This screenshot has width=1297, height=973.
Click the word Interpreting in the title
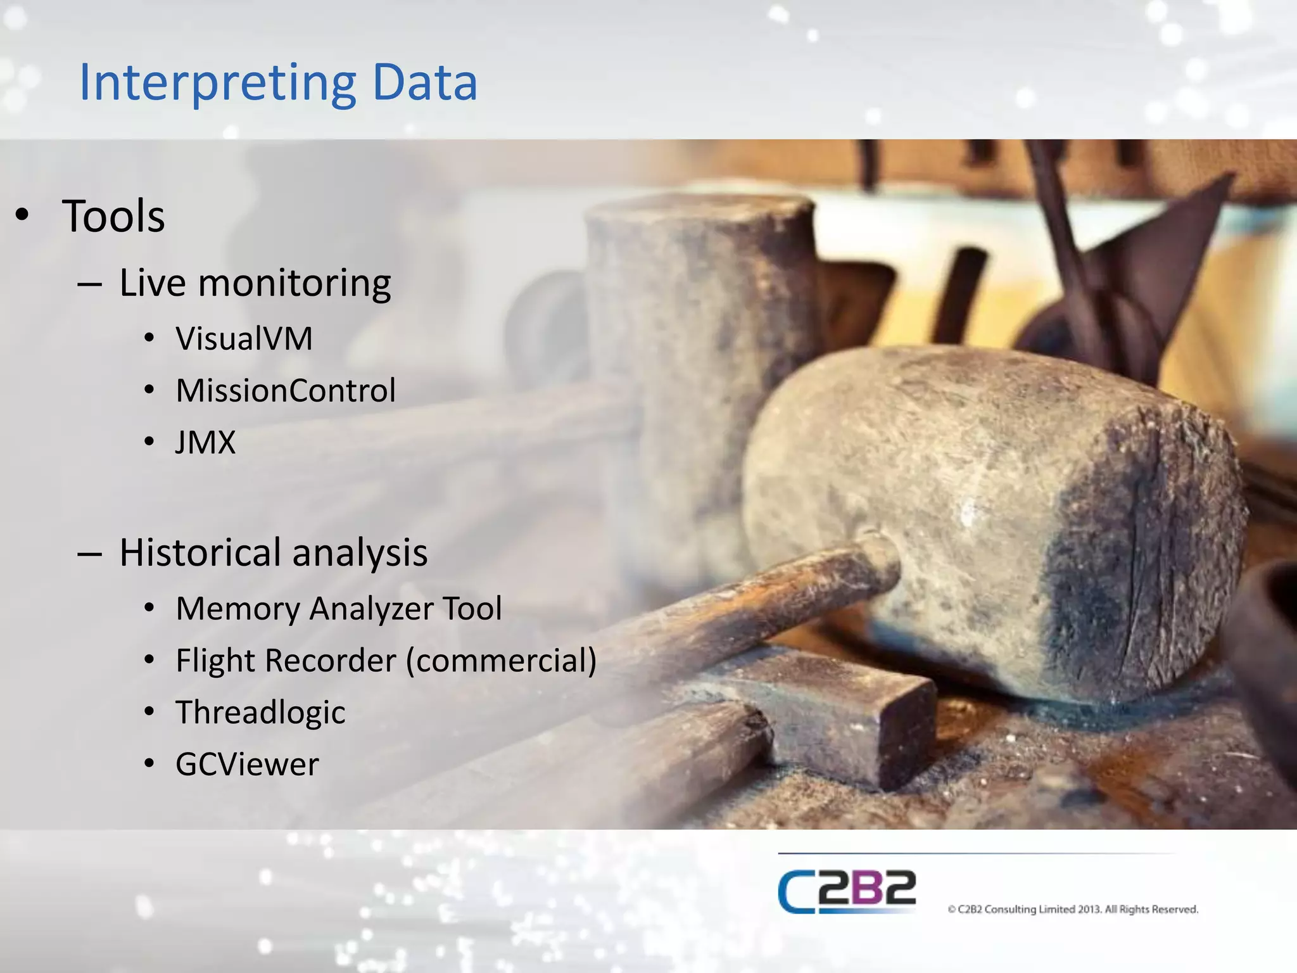click(x=216, y=83)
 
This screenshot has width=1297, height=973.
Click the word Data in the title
click(x=424, y=83)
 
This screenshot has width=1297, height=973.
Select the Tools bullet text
click(x=114, y=216)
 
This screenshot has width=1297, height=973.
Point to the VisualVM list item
click(x=244, y=338)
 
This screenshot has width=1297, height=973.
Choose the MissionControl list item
click(x=286, y=390)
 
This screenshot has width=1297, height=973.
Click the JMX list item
click(x=206, y=442)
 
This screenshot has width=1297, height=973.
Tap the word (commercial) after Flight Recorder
click(x=501, y=661)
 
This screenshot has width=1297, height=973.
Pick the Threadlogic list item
click(x=260, y=713)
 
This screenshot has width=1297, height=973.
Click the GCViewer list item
click(x=247, y=765)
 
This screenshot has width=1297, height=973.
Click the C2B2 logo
click(x=847, y=891)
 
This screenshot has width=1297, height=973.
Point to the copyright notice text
click(x=1073, y=910)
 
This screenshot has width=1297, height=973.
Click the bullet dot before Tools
click(x=22, y=215)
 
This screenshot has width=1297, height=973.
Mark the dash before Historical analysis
click(x=89, y=554)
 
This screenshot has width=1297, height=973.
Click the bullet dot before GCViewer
click(x=149, y=764)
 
